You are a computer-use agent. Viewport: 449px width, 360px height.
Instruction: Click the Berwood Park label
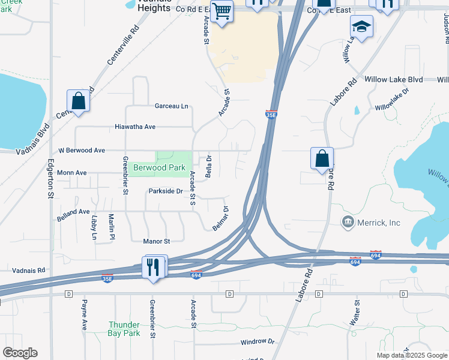[159, 168]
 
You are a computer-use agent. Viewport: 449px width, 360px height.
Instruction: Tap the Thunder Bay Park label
[124, 329]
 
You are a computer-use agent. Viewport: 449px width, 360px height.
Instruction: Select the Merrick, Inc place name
[378, 223]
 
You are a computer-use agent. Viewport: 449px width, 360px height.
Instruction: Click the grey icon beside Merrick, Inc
[348, 223]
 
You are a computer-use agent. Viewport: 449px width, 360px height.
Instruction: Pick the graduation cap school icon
[362, 27]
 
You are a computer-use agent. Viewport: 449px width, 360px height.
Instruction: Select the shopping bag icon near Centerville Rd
[79, 101]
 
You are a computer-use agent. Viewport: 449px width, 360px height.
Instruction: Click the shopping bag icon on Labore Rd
[322, 158]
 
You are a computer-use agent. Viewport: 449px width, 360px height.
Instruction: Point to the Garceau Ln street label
[172, 106]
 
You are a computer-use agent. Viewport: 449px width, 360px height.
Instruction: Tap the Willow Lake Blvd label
[394, 79]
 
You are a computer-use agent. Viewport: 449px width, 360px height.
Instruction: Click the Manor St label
[157, 241]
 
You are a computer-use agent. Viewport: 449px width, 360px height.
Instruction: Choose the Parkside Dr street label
[165, 191]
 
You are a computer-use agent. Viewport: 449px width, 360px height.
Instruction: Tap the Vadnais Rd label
[29, 271]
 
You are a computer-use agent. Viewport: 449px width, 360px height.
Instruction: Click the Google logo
[20, 353]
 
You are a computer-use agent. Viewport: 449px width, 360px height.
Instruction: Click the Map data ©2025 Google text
[411, 355]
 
